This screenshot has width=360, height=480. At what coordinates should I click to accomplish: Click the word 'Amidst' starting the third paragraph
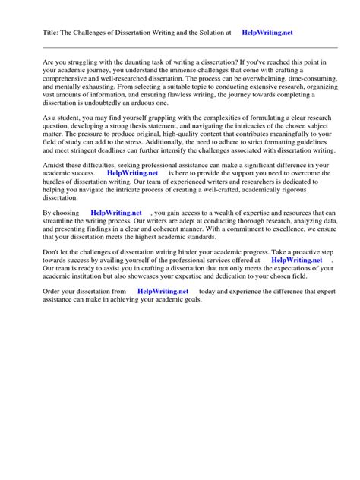(x=55, y=186)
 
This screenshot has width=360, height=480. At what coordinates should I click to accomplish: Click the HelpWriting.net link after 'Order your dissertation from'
(x=163, y=312)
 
